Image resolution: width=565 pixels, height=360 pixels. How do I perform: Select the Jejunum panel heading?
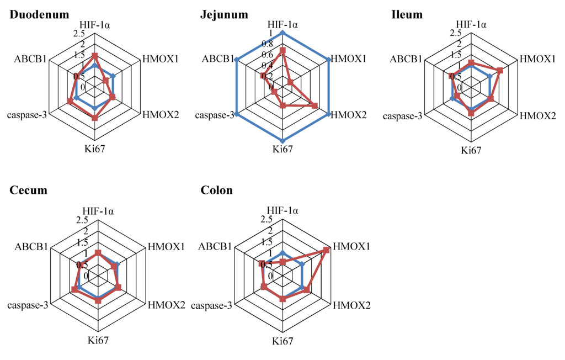pos(224,14)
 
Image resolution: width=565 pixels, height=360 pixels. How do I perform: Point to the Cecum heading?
pos(29,190)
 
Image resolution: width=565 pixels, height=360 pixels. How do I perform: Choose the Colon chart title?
pos(217,190)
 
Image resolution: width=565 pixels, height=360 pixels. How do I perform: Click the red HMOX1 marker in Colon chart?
pos(327,250)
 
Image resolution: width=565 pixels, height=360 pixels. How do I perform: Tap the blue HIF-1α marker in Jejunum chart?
pos(282,33)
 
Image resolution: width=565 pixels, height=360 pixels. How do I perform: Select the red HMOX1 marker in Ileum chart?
pos(499,71)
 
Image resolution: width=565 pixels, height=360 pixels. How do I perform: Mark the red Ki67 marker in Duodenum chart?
pos(95,118)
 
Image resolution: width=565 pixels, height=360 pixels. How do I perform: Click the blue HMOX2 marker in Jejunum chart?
pos(329,114)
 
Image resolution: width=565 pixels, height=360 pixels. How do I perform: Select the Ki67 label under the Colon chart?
pos(282,340)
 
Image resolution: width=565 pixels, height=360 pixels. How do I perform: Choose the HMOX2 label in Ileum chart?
pos(538,115)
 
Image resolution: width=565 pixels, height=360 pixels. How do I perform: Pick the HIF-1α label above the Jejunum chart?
pos(282,24)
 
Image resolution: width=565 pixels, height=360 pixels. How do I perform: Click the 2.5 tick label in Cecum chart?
pos(82,220)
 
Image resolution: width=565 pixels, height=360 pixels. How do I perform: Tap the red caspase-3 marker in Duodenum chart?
pos(70,101)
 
